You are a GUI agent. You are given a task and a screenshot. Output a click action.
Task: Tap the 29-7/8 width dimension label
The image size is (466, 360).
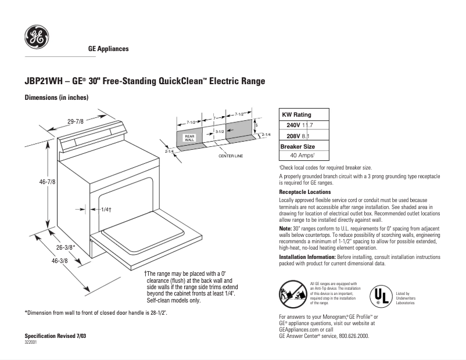[76, 121]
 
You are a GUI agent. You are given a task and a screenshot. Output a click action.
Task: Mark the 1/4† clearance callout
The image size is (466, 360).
[105, 209]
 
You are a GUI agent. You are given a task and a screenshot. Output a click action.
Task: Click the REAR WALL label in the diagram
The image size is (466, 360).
[189, 138]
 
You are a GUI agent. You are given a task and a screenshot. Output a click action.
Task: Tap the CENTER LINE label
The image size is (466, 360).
[231, 156]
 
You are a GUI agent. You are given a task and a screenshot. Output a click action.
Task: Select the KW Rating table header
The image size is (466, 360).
[296, 115]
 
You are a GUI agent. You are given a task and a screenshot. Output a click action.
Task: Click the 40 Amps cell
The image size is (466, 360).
[302, 156]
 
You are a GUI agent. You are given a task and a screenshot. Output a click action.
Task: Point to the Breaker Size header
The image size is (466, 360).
[297, 146]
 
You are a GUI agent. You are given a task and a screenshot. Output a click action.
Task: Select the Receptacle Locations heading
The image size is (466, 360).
[305, 192]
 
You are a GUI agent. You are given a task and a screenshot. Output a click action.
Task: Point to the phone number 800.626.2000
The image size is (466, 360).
[350, 336]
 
